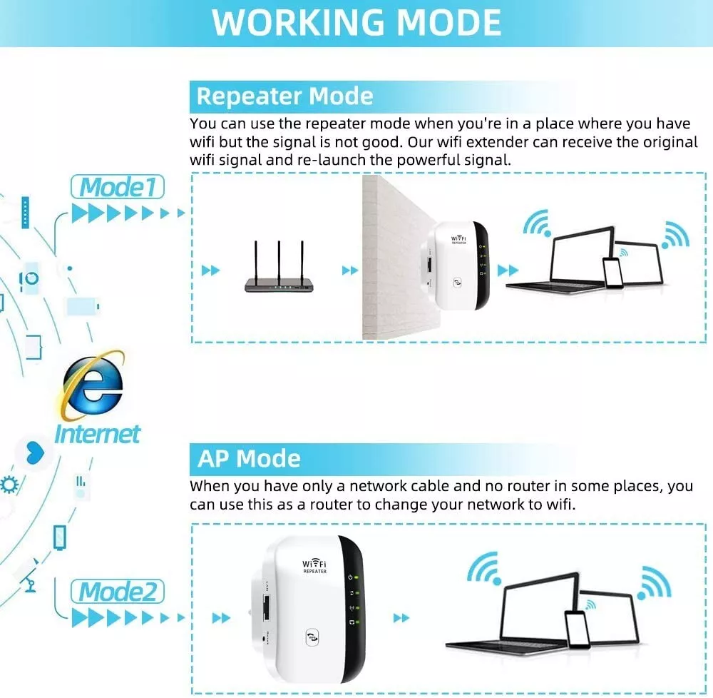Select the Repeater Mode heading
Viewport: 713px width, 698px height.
point(284,96)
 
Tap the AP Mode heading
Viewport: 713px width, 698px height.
point(249,458)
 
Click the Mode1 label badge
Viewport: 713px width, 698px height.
point(118,188)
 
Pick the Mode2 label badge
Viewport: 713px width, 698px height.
point(118,592)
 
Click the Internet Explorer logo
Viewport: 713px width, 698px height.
point(92,385)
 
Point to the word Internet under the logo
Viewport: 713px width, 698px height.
point(98,433)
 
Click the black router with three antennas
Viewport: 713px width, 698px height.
point(279,283)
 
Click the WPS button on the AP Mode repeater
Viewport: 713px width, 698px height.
point(312,637)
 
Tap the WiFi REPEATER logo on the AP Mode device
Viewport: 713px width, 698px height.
point(315,567)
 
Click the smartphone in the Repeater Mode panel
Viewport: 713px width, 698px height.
point(612,271)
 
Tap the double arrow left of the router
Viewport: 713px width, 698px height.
point(211,270)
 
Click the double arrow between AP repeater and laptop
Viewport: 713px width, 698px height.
point(402,617)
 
